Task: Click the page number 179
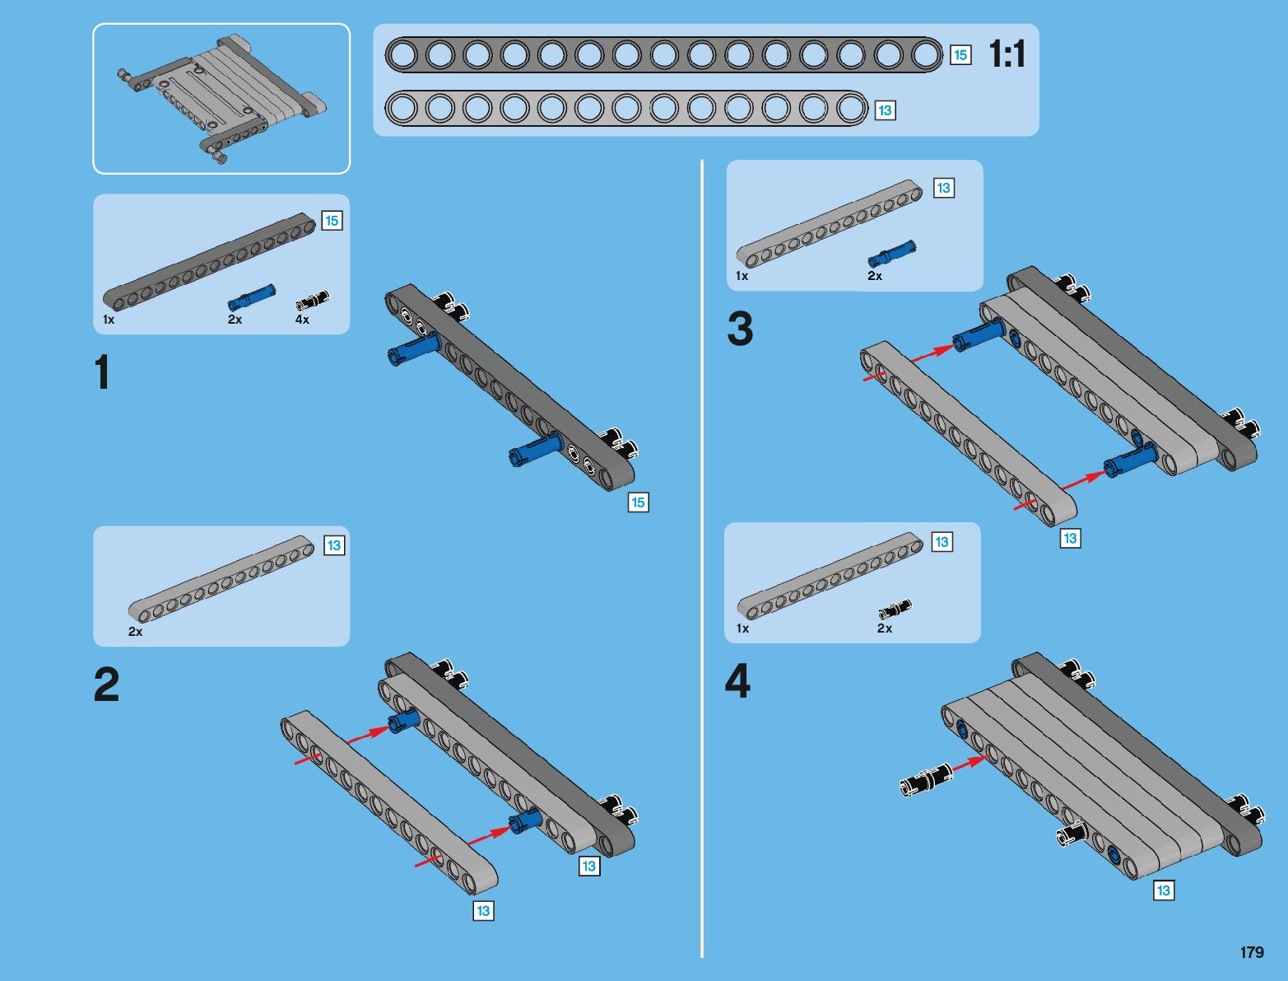click(1252, 951)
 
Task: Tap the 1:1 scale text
click(1007, 54)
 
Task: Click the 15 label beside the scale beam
click(960, 55)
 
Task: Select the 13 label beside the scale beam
click(885, 110)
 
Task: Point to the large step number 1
click(103, 371)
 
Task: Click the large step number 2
click(106, 684)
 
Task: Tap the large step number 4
click(737, 680)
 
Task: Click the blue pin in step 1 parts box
click(251, 297)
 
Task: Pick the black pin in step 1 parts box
click(312, 300)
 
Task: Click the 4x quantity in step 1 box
click(302, 320)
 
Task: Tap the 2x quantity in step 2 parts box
click(136, 632)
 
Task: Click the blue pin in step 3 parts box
click(891, 253)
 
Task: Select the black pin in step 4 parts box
click(895, 609)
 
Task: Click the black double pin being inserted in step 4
click(927, 780)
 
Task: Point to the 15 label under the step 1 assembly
click(639, 502)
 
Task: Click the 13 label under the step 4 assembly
click(1164, 890)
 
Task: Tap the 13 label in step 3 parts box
click(943, 188)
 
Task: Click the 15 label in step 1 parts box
click(332, 221)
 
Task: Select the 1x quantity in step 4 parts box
click(743, 628)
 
